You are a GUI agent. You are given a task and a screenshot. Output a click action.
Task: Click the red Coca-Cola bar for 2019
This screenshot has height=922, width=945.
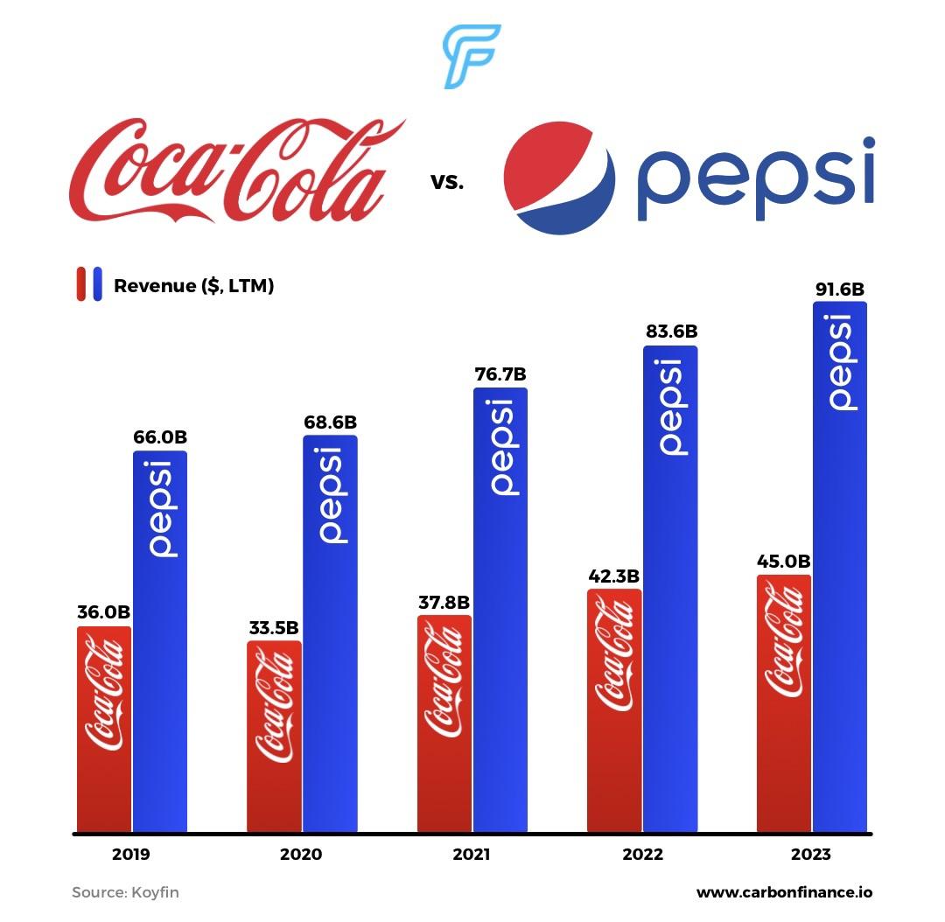(x=103, y=729)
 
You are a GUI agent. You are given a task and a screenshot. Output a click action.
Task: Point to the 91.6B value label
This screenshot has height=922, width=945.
(x=839, y=290)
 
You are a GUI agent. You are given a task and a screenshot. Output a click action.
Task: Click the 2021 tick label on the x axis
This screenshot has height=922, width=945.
(x=471, y=855)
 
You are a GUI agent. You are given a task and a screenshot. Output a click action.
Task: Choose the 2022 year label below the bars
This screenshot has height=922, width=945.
(x=642, y=855)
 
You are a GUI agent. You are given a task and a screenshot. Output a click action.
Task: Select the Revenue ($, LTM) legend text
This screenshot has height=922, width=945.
(x=193, y=285)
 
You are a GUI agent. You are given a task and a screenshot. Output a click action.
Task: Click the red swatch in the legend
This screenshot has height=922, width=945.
(x=81, y=284)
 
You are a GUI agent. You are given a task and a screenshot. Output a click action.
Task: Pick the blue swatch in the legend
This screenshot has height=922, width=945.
(x=97, y=284)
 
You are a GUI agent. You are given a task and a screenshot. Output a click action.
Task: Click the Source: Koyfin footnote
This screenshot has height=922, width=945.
(x=125, y=893)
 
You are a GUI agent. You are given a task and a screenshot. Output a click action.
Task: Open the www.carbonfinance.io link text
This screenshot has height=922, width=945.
(x=784, y=893)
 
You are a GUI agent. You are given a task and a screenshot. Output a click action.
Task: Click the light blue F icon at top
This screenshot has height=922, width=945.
(x=471, y=56)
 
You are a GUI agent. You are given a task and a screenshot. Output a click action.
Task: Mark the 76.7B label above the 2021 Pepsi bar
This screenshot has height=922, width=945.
(x=500, y=375)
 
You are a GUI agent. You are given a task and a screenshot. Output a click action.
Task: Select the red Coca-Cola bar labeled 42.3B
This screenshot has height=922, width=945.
(x=613, y=710)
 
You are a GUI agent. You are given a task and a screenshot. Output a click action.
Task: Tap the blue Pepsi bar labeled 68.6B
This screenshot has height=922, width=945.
(x=330, y=633)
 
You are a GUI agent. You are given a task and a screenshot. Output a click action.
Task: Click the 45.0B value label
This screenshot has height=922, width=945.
(x=783, y=562)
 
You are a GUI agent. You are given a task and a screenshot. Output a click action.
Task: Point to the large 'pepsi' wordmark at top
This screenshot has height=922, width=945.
(x=754, y=180)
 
